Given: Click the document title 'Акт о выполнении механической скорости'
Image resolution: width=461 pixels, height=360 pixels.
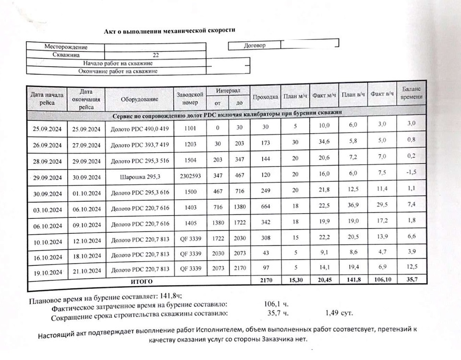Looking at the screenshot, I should click(x=170, y=31).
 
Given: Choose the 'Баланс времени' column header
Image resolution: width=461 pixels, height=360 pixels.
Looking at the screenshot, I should click(x=412, y=93).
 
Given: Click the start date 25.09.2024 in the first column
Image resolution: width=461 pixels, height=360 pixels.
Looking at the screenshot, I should click(x=47, y=129).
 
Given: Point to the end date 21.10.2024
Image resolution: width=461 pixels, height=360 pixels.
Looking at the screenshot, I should click(x=86, y=272).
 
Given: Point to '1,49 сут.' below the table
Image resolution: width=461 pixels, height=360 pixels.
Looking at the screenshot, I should click(x=339, y=313).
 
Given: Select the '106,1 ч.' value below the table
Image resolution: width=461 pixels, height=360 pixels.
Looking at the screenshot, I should click(x=276, y=304).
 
